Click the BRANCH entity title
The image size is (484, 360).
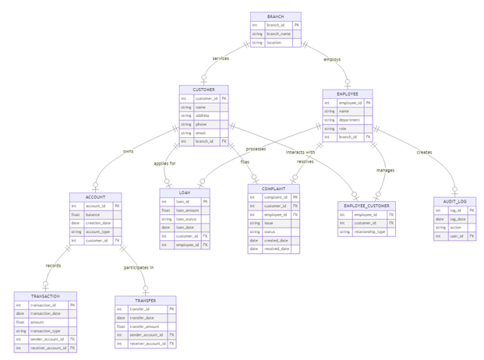pos(275,16)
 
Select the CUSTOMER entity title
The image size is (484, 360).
pos(203,90)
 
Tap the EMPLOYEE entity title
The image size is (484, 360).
pos(348,94)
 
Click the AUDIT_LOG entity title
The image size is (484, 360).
pos(454,201)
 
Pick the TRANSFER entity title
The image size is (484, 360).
pos(145,300)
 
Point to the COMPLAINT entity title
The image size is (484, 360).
pos(274,189)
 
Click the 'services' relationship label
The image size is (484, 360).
pos(221,58)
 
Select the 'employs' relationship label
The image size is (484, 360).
pos(332,59)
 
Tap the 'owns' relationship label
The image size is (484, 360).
pos(128,151)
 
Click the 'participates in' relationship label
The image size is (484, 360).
pos(139,267)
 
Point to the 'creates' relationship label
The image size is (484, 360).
pos(424,152)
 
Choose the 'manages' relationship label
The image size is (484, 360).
pos(385,170)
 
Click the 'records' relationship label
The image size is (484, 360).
pos(53,266)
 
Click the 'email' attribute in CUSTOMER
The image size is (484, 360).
pos(201,132)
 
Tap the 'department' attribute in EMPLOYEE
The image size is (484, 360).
pos(350,120)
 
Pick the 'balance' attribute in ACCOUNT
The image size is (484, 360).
pos(93,214)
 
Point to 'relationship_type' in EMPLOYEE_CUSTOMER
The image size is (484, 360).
pos(369,231)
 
